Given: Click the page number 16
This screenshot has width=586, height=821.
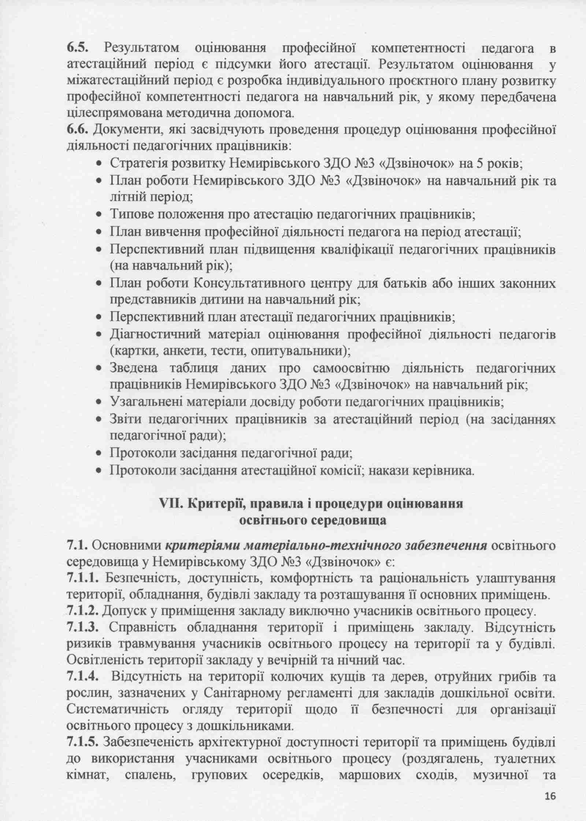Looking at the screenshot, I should click(x=550, y=796).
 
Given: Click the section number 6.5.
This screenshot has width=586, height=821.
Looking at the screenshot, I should click(x=78, y=48).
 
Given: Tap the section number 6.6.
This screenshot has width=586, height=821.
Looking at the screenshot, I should click(x=78, y=130).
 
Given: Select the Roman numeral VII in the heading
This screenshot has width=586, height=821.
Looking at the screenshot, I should click(x=171, y=504).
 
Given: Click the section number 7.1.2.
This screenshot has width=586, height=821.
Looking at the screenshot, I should click(x=83, y=610).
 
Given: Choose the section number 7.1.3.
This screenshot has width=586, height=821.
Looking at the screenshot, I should click(x=83, y=627).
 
